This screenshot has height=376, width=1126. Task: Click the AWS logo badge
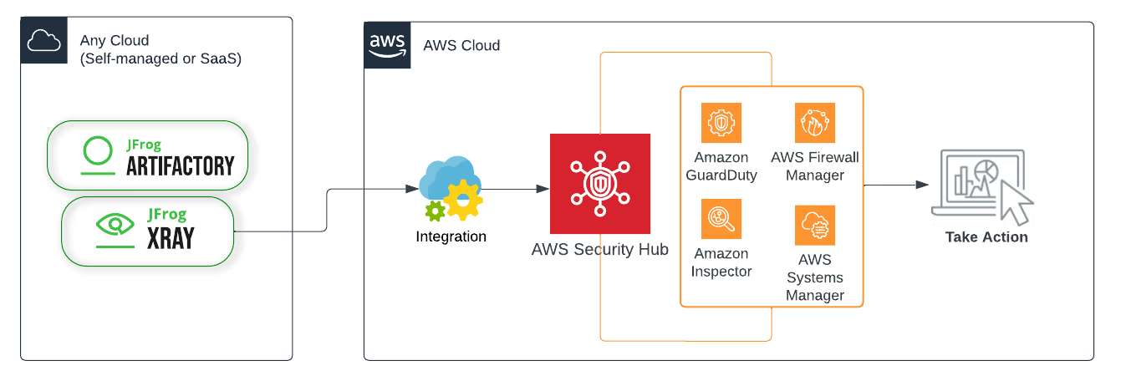[387, 45]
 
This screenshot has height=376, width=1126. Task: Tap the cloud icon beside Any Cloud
[43, 40]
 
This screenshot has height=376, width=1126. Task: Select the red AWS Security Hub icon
[599, 184]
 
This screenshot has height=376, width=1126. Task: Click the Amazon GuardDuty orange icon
[721, 123]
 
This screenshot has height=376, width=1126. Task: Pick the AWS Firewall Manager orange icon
[815, 123]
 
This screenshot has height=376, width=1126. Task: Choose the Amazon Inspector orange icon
[721, 219]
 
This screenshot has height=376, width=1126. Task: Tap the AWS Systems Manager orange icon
[815, 226]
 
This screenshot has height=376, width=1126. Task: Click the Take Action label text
[986, 236]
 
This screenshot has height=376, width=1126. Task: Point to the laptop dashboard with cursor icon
[982, 187]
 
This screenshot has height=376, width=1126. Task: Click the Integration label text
[451, 236]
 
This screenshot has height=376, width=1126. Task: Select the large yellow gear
[463, 200]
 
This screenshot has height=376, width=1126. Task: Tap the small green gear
[436, 211]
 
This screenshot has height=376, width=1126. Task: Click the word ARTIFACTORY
[181, 166]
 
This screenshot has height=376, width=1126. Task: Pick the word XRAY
[171, 238]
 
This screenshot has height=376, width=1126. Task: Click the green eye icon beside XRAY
[115, 224]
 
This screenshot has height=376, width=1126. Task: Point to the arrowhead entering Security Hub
[543, 189]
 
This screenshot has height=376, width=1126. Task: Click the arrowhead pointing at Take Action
[922, 185]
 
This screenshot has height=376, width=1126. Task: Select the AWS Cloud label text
[461, 45]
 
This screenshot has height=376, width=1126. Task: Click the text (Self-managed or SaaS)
[160, 58]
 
